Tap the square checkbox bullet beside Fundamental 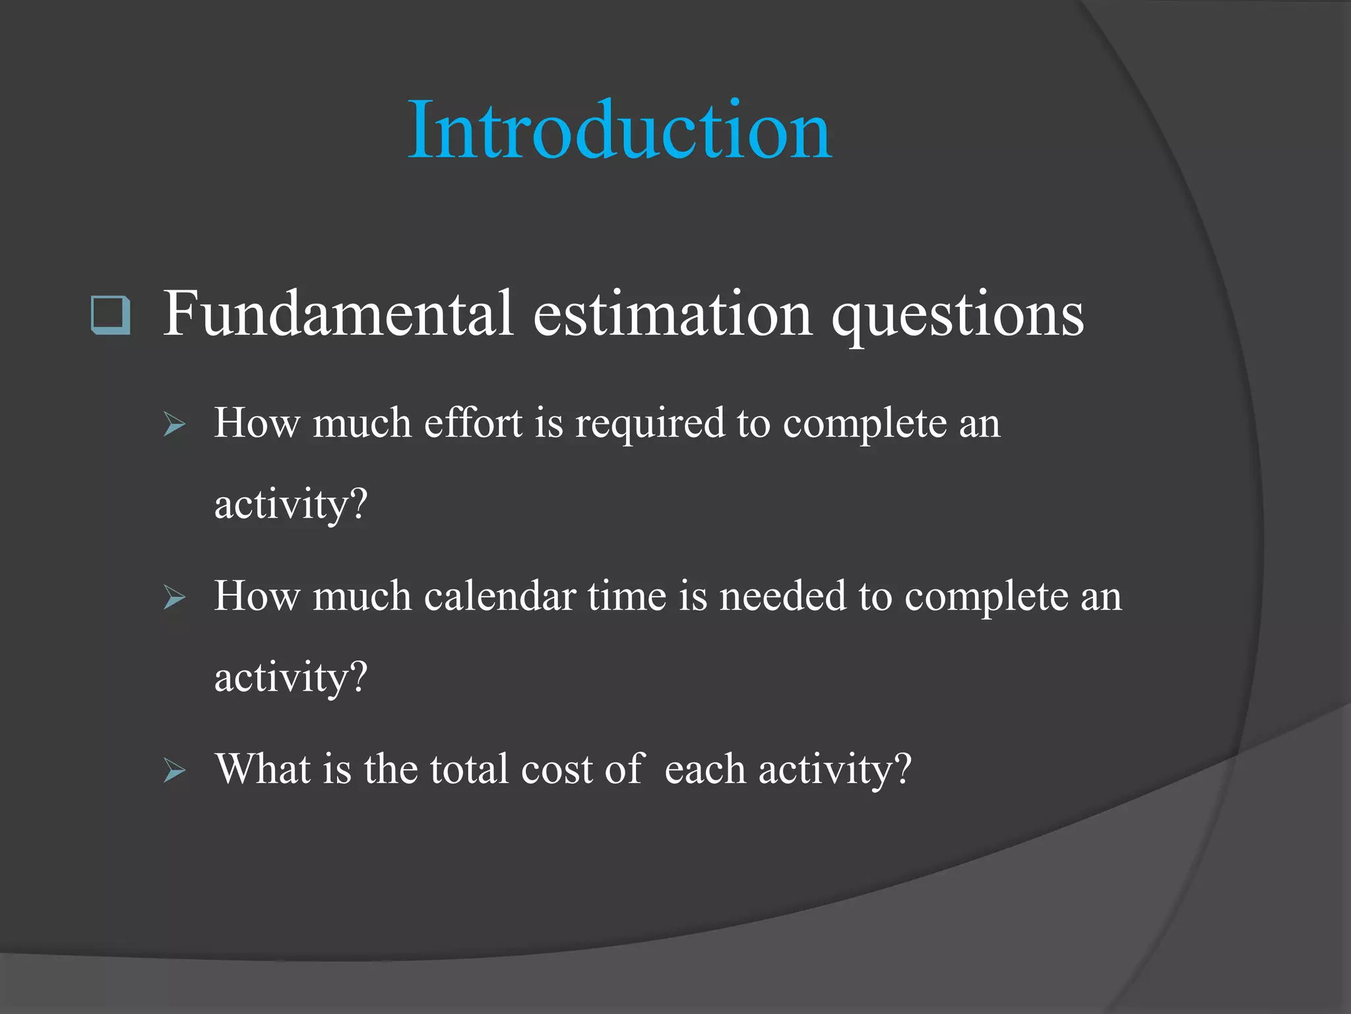pyautogui.click(x=110, y=315)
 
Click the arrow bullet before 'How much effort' pyautogui.click(x=174, y=424)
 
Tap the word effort pyautogui.click(x=473, y=422)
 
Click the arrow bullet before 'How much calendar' pyautogui.click(x=174, y=597)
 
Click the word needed pyautogui.click(x=782, y=596)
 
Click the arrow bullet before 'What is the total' pyautogui.click(x=174, y=770)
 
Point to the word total pyautogui.click(x=469, y=769)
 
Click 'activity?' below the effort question pyautogui.click(x=290, y=505)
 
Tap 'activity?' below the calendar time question pyautogui.click(x=290, y=678)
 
